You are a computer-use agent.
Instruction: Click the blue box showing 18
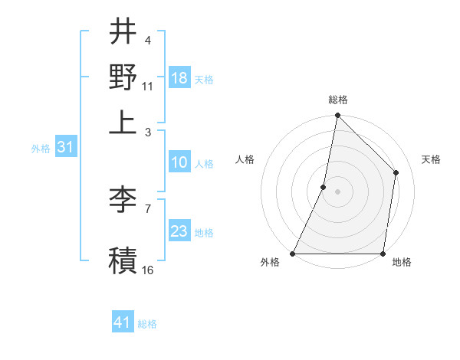tap(179, 78)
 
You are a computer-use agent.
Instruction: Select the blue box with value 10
tap(179, 162)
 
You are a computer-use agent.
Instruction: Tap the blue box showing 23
tap(179, 231)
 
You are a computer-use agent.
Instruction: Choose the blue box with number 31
tap(64, 147)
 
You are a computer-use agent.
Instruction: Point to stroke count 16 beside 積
tap(148, 270)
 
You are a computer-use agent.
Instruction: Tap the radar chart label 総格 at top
tap(338, 100)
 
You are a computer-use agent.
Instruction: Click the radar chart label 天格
tap(432, 159)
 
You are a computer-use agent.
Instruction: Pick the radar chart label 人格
tap(245, 159)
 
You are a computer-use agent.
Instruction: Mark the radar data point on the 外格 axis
tap(293, 254)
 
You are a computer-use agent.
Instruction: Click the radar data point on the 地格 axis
tap(383, 254)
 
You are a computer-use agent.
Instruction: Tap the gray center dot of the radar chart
tap(338, 191)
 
